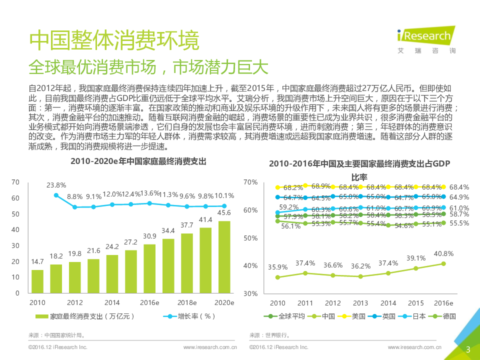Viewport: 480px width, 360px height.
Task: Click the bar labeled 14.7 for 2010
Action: [37, 281]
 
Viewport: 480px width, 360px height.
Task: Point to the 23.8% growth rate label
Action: [56, 185]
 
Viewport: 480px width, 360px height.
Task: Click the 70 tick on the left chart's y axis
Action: [15, 182]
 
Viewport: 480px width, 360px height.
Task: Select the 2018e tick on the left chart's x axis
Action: [187, 302]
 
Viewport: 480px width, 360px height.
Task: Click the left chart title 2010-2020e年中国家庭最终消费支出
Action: [138, 161]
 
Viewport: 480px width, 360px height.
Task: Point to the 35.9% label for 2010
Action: [278, 267]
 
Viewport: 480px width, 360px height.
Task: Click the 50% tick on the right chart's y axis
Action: [250, 238]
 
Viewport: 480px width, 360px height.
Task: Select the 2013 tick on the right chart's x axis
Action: [360, 303]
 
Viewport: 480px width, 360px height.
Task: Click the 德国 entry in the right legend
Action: [446, 316]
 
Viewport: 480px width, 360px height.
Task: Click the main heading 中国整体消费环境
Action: [114, 40]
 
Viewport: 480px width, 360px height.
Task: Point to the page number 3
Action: [468, 349]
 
